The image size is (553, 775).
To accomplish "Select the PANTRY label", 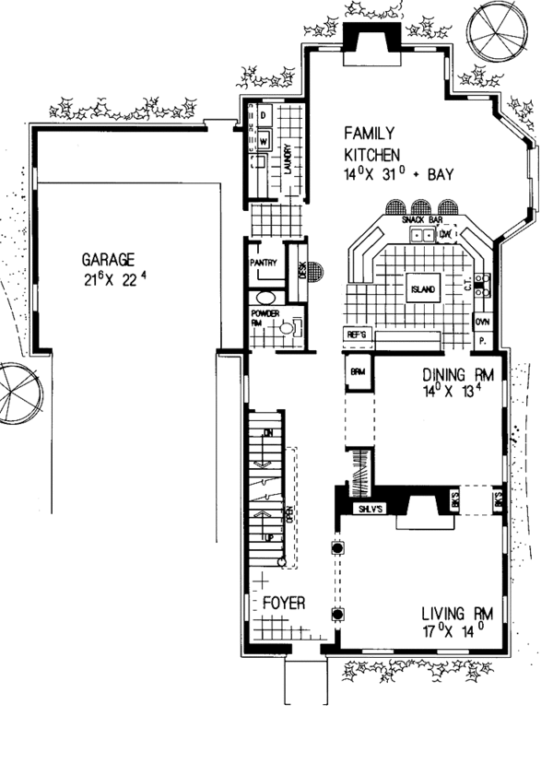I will click(x=265, y=263).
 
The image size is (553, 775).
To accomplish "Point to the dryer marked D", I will click(x=262, y=116).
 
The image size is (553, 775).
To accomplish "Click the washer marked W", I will click(x=262, y=141).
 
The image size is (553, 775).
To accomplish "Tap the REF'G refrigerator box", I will click(x=358, y=334).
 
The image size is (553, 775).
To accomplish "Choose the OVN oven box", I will click(x=481, y=323).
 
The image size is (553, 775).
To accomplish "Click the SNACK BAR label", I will click(x=419, y=221).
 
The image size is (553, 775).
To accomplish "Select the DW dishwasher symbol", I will click(x=445, y=235).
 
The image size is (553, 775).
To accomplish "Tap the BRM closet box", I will click(x=358, y=373).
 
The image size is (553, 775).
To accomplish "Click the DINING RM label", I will click(x=458, y=376).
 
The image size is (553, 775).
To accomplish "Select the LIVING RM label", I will click(x=456, y=615).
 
